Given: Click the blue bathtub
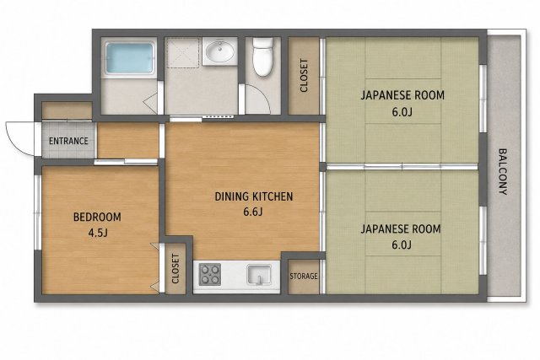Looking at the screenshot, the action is point(129,58).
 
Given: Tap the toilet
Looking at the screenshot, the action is point(263,56).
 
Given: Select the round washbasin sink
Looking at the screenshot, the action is point(219,51).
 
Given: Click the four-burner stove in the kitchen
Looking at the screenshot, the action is point(210,274).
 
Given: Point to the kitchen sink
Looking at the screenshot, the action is point(259,275).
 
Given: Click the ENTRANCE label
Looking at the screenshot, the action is point(68,141).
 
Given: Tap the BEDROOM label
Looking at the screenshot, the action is point(97,218).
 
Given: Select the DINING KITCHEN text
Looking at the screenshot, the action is point(254,196).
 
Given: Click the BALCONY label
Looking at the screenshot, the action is point(503,172).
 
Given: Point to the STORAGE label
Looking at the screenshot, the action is point(304,276).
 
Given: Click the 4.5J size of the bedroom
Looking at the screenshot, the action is point(98,233).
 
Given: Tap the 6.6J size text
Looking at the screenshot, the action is point(253,212).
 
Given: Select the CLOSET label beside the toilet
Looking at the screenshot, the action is point(304,76).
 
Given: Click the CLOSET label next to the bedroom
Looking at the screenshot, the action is point(175,269).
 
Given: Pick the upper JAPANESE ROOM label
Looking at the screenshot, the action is point(402,95).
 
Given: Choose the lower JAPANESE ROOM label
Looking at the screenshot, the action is point(401,228).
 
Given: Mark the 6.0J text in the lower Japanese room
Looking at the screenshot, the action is point(402,244).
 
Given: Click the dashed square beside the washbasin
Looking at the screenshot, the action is point(182,52).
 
